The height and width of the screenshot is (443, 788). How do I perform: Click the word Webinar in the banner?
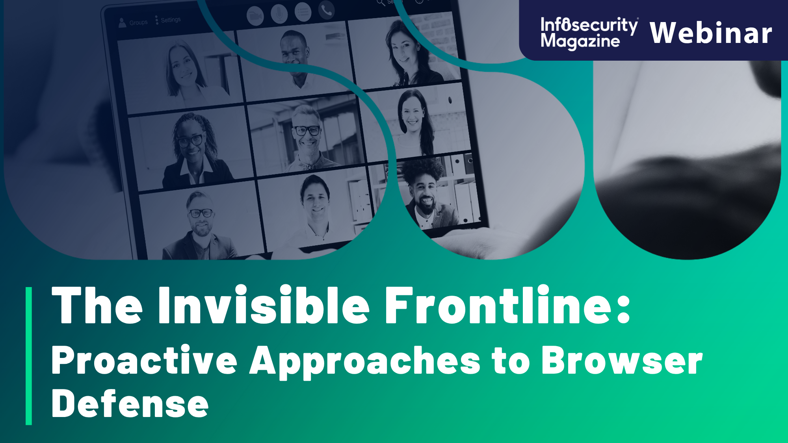[x=711, y=33]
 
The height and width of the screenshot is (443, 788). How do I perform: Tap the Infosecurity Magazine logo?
[x=589, y=33]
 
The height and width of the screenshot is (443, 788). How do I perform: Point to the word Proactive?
[x=144, y=360]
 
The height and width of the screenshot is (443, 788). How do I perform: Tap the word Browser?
[x=622, y=360]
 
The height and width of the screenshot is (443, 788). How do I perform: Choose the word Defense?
[x=130, y=404]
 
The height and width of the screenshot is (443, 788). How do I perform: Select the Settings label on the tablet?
[x=170, y=20]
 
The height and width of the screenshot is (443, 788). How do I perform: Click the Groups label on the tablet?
[x=138, y=22]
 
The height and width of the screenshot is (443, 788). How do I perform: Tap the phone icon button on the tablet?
[x=326, y=11]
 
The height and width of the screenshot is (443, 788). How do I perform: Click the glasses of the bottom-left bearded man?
[x=201, y=213]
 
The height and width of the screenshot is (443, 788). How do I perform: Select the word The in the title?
[x=97, y=306]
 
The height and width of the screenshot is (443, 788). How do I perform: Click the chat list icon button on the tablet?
[x=303, y=13]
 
